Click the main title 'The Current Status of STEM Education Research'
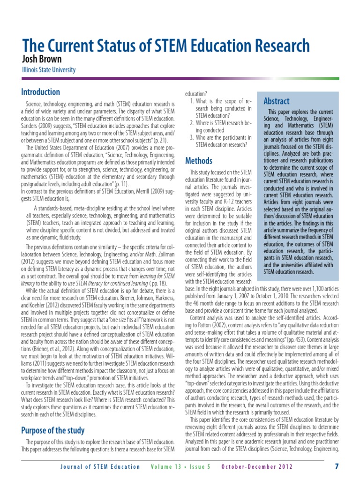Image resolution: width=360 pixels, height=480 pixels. pyautogui.click(x=166, y=46)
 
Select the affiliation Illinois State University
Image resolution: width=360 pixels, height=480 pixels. pyautogui.click(x=49, y=70)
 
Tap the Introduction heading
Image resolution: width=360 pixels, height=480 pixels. pyautogui.click(x=41, y=92)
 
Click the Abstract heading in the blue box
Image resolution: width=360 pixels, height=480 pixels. pyautogui.click(x=277, y=101)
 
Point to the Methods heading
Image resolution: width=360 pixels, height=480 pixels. pyautogui.click(x=199, y=161)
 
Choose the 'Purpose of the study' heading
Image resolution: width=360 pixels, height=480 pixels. pyautogui.click(x=53, y=430)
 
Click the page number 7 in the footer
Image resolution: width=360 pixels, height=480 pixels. pyautogui.click(x=337, y=466)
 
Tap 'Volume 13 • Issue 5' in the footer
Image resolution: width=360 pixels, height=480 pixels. pyautogui.click(x=181, y=467)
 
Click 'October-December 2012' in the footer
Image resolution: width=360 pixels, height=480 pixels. pyautogui.click(x=257, y=467)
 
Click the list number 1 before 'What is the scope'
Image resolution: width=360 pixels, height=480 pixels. pyautogui.click(x=192, y=101)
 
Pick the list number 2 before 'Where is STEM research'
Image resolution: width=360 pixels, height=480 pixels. pyautogui.click(x=192, y=123)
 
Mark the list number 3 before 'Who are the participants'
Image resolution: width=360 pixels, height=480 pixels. pyautogui.click(x=192, y=137)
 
